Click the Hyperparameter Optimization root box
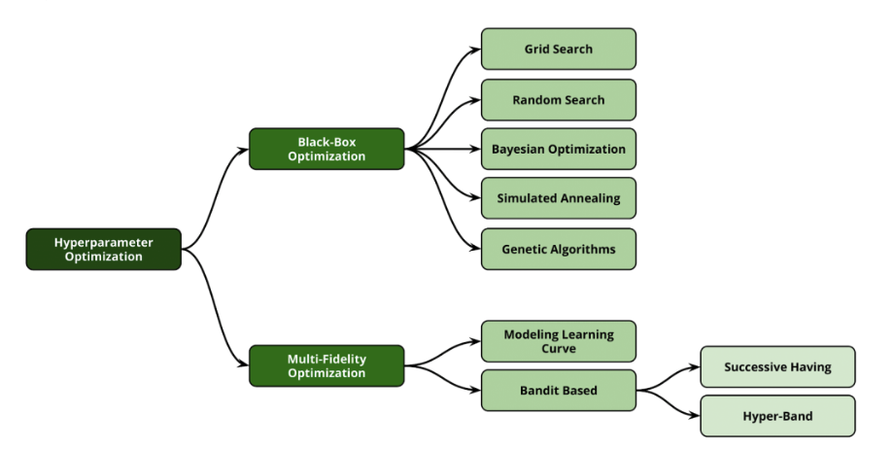[x=104, y=249]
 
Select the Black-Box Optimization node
[x=326, y=149]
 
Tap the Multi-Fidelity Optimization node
[x=326, y=365]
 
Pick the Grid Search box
[x=559, y=49]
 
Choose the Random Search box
[x=559, y=100]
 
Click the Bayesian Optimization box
[x=559, y=149]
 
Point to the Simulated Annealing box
[x=559, y=198]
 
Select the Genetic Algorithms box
[x=559, y=249]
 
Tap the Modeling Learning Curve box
[x=559, y=341]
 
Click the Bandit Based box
[x=559, y=390]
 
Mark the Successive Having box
[x=778, y=366]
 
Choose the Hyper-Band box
[x=778, y=416]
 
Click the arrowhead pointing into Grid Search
[x=475, y=50]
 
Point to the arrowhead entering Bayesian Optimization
[x=475, y=149]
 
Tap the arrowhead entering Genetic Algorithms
[x=475, y=249]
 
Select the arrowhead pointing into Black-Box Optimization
[x=243, y=150]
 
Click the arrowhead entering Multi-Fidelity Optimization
[x=243, y=365]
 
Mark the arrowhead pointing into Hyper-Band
[x=694, y=416]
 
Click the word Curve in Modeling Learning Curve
[x=559, y=349]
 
